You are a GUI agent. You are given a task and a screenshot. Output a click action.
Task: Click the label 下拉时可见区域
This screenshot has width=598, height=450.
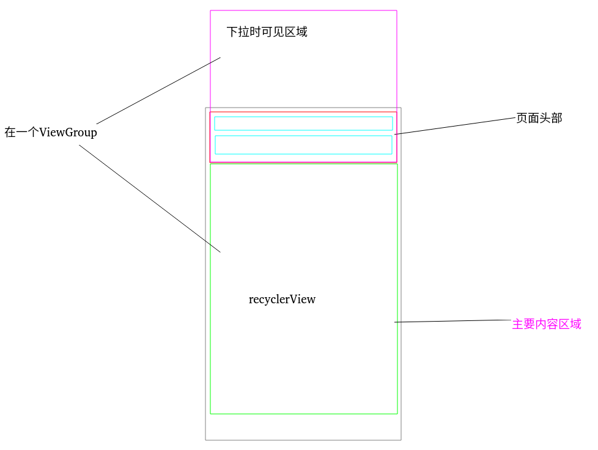[x=267, y=32]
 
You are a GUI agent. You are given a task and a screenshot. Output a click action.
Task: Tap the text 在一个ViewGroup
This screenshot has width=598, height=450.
[x=51, y=132]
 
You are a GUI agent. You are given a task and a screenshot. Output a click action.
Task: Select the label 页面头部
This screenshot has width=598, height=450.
[x=539, y=118]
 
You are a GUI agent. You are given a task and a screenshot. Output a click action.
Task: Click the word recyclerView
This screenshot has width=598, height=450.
[x=282, y=300]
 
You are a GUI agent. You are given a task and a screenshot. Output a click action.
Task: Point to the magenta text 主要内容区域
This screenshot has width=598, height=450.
[x=546, y=324]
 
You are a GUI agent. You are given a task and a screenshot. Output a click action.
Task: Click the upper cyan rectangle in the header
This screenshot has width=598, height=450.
[x=303, y=124]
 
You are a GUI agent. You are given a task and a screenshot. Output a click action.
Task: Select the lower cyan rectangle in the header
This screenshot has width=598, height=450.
[x=303, y=145]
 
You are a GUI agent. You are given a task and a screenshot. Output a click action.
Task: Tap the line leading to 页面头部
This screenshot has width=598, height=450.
[x=456, y=126]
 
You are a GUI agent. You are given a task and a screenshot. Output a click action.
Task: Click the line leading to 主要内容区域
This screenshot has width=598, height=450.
[x=452, y=321]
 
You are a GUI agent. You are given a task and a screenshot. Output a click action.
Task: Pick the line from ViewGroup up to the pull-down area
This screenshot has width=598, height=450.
[x=158, y=90]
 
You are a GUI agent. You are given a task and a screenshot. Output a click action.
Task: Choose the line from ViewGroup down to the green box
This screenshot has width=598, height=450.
[x=150, y=199]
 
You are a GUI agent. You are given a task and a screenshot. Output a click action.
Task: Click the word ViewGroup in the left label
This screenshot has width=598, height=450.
[x=68, y=132]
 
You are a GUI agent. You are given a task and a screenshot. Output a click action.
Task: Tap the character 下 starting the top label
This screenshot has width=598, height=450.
[x=232, y=32]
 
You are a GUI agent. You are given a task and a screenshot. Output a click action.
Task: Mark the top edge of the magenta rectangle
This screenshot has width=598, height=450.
[x=303, y=10]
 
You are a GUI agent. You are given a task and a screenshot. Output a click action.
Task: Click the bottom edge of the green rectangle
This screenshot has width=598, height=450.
[x=303, y=414]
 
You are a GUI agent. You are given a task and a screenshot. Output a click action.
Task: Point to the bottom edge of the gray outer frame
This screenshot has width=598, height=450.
[x=303, y=440]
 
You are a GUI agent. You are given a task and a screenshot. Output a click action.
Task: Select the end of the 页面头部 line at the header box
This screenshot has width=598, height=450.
[x=396, y=134]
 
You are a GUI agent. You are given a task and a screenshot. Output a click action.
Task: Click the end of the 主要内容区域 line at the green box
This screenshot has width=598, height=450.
[x=396, y=322]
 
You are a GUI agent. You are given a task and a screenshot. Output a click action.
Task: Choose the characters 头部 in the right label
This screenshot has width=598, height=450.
[x=550, y=118]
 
